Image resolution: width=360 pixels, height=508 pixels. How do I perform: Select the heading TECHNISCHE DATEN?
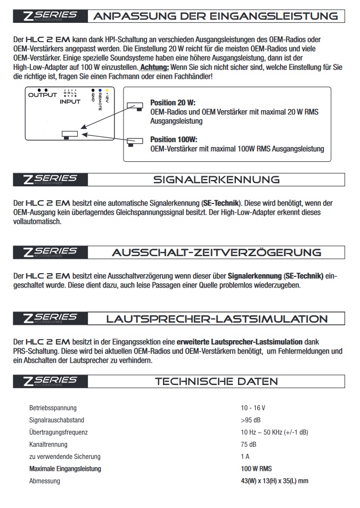[x=216, y=381]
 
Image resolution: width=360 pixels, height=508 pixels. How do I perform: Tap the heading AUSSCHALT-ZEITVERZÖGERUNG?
[x=216, y=252]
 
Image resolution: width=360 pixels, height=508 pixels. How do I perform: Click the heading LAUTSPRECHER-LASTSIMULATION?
[x=216, y=319]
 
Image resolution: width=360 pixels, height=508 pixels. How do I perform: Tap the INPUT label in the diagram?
[x=70, y=101]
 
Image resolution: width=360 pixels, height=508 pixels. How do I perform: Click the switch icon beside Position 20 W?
[x=135, y=106]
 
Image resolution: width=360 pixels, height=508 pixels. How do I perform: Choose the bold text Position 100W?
[x=173, y=140]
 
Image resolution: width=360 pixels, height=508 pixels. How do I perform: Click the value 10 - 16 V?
[x=253, y=408]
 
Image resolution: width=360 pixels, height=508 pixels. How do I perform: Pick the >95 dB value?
[x=250, y=420]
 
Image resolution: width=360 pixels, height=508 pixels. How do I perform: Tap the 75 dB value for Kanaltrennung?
[x=249, y=444]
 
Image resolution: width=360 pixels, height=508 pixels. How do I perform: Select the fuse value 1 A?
[x=245, y=456]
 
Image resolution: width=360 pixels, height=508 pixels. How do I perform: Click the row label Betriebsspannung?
[x=53, y=408]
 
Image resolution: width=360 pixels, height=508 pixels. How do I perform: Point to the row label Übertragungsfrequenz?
[x=58, y=432]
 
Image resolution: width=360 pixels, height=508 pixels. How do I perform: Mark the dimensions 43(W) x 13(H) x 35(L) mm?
[x=275, y=481]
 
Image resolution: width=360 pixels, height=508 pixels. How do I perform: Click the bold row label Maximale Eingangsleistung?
[x=65, y=469]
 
